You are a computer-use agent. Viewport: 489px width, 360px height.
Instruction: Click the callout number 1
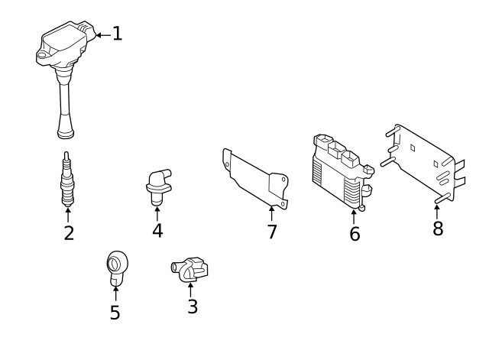[117, 34]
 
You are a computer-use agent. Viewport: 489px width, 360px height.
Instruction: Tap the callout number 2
[69, 233]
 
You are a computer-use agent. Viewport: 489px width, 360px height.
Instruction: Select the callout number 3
[193, 306]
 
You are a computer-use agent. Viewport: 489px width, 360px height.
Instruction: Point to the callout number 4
[157, 229]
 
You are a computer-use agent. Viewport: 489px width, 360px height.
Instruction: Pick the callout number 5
[115, 313]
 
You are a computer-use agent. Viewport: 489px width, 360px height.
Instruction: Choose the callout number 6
[355, 234]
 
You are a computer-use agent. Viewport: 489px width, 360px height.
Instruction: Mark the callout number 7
[272, 232]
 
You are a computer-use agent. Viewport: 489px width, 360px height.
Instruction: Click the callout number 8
[438, 229]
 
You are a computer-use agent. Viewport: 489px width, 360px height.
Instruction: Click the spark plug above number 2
[68, 180]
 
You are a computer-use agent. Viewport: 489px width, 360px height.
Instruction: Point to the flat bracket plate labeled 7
[256, 180]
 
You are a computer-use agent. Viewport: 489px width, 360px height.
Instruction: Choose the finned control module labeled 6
[340, 173]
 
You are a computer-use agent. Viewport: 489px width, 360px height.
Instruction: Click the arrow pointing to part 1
[102, 34]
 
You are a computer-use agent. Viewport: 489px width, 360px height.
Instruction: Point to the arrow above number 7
[272, 212]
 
